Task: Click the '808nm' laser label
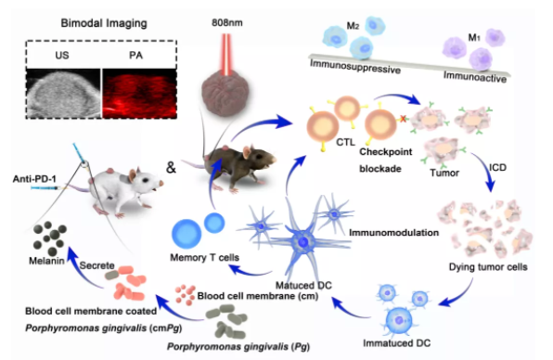(x=226, y=23)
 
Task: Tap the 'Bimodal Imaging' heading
(x=104, y=23)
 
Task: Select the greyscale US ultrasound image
(x=63, y=93)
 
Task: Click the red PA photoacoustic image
(x=139, y=93)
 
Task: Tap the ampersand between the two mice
(x=171, y=167)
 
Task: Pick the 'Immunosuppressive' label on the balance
(x=355, y=66)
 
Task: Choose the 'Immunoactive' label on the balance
(x=475, y=76)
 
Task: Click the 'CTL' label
(x=345, y=142)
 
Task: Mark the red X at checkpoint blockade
(x=403, y=119)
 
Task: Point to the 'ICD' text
(x=497, y=167)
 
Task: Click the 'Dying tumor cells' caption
(x=488, y=267)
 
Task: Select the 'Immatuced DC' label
(x=397, y=343)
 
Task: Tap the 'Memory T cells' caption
(x=204, y=258)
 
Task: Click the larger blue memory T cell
(x=186, y=234)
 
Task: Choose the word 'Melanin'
(x=46, y=261)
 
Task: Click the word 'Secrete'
(x=97, y=265)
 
